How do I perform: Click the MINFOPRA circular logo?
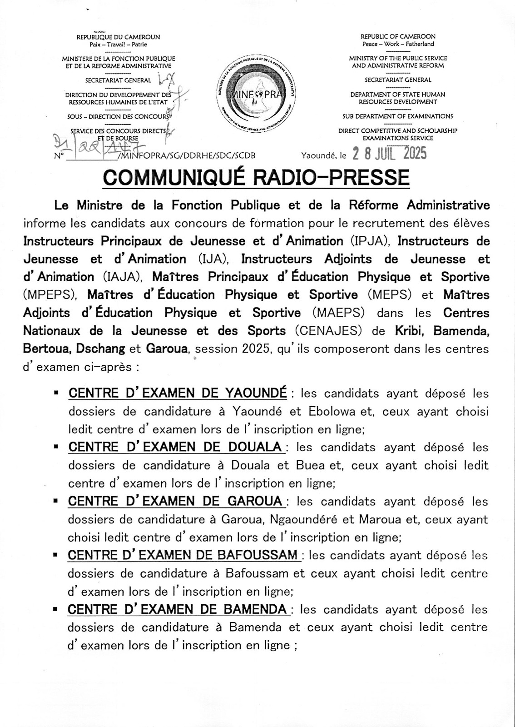pyautogui.click(x=257, y=95)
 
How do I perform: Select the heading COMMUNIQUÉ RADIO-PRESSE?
pyautogui.click(x=257, y=177)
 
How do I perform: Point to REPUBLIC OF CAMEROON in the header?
pyautogui.click(x=398, y=36)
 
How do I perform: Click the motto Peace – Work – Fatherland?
pyautogui.click(x=398, y=44)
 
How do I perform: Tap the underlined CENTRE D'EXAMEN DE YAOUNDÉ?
pyautogui.click(x=178, y=393)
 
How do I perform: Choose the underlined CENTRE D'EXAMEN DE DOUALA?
pyautogui.click(x=175, y=447)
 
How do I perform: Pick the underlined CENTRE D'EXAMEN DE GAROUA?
pyautogui.click(x=175, y=501)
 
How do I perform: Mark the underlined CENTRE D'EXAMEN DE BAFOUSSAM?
pyautogui.click(x=183, y=555)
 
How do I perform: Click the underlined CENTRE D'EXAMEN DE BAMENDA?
pyautogui.click(x=177, y=609)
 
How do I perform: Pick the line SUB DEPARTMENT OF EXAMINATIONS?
pyautogui.click(x=398, y=116)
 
